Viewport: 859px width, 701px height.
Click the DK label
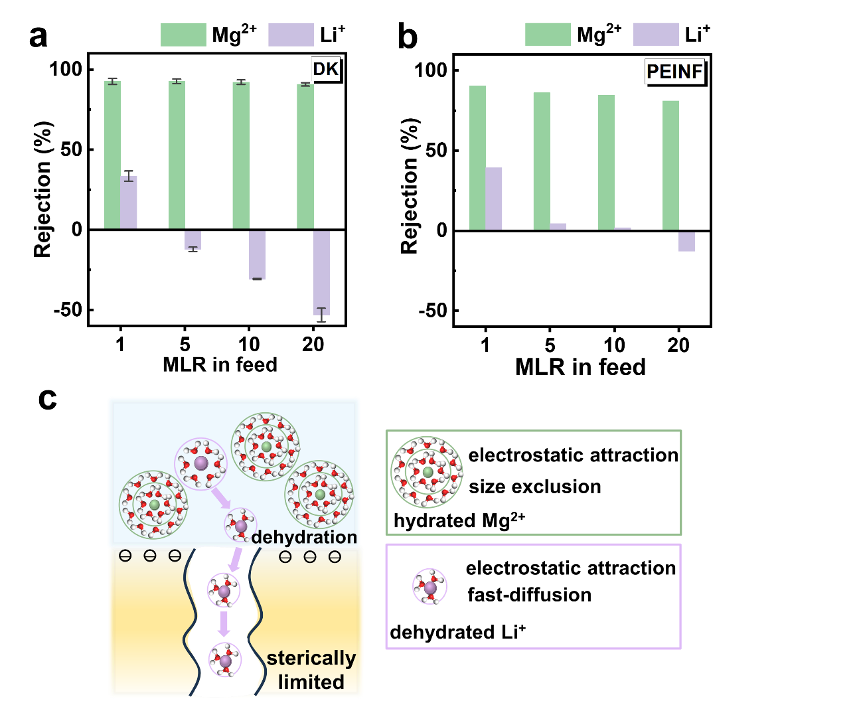(325, 69)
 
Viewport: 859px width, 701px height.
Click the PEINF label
(674, 72)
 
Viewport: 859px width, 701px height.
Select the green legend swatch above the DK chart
(183, 35)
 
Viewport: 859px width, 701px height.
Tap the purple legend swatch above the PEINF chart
(656, 34)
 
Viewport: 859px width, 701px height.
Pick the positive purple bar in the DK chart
(129, 202)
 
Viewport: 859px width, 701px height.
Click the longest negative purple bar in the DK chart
(322, 273)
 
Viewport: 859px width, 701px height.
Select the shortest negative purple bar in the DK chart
(193, 240)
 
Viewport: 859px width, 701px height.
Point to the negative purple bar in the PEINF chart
(687, 242)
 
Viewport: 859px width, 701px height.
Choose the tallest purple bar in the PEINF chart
(494, 198)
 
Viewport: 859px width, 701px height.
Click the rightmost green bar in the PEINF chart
(670, 165)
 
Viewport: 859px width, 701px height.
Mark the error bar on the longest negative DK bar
(322, 315)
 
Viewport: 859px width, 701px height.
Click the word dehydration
(304, 536)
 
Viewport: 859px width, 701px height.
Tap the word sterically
(311, 658)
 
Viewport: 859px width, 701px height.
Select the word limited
(311, 682)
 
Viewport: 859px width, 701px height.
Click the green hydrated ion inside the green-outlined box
(427, 472)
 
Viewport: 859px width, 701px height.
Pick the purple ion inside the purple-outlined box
(430, 587)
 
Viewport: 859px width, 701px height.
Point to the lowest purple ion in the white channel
(225, 661)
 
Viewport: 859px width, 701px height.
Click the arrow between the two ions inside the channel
(224, 624)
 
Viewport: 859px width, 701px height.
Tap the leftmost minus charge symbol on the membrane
(125, 556)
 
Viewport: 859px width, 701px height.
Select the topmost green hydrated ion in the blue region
(266, 447)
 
